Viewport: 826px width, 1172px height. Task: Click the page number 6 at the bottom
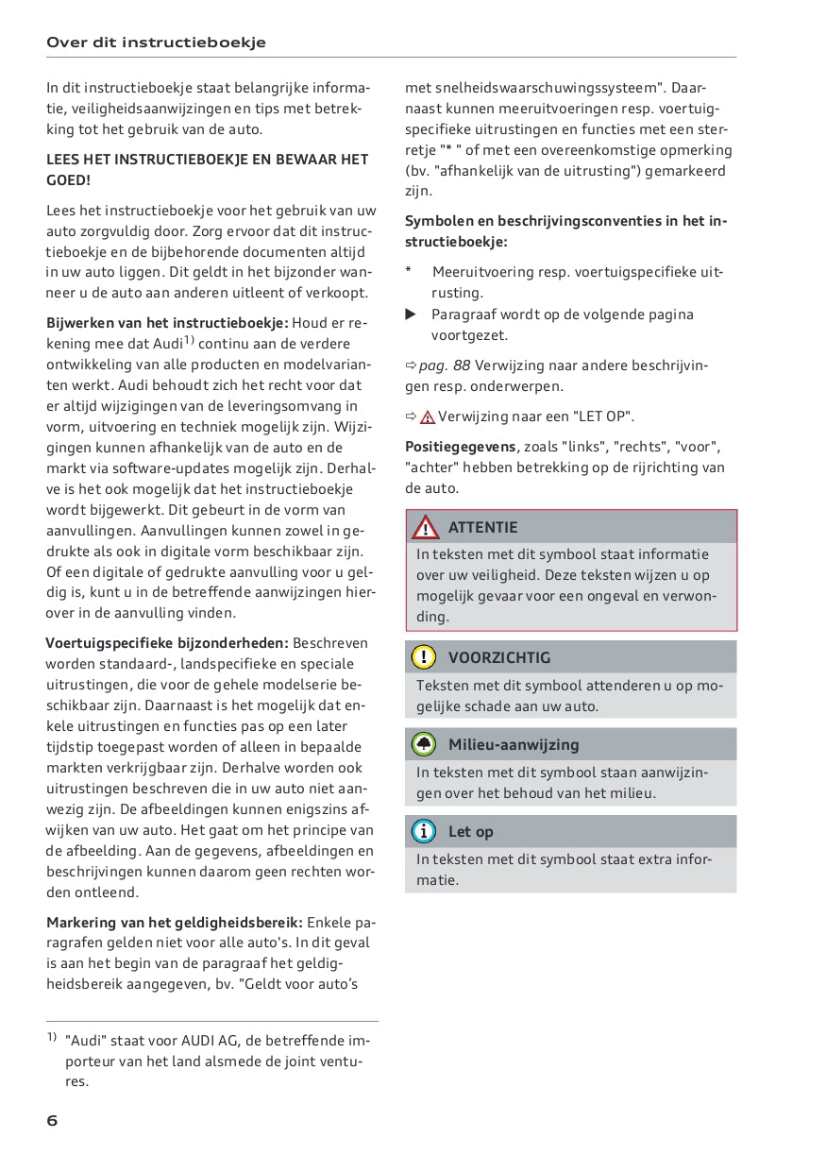(53, 1121)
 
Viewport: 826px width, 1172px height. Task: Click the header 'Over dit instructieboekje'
(156, 42)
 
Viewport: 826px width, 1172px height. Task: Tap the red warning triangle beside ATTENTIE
(426, 527)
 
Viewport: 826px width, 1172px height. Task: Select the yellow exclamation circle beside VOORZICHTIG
(425, 657)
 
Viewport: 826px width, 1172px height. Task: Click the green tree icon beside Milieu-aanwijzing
(425, 744)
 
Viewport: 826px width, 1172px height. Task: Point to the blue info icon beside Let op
(425, 831)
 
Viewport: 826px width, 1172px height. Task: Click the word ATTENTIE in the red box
(482, 527)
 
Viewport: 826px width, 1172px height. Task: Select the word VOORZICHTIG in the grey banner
(498, 657)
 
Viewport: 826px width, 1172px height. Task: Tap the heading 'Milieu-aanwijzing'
(514, 744)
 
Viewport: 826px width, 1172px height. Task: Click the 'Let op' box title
(470, 831)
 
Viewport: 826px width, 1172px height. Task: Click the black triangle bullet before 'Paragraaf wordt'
(411, 314)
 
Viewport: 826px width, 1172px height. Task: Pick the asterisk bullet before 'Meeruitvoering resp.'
(408, 271)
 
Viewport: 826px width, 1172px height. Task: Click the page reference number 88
(462, 365)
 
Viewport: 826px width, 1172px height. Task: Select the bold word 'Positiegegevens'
(461, 447)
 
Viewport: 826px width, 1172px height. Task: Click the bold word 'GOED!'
(69, 180)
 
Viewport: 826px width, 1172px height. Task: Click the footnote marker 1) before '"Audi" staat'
(52, 1038)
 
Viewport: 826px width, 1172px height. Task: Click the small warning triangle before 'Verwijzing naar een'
(428, 416)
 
